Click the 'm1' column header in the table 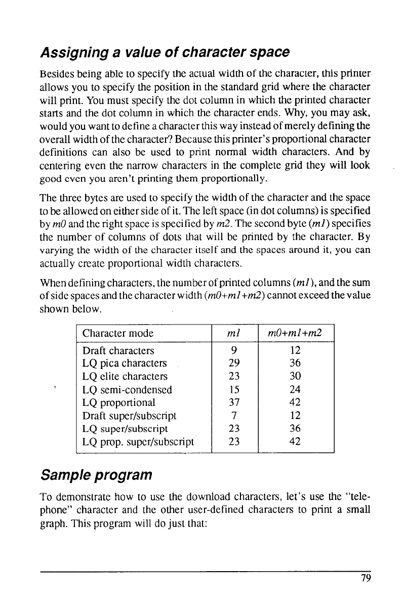point(233,334)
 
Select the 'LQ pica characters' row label point(124,363)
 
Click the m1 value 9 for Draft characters point(233,351)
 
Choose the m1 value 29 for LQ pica point(233,363)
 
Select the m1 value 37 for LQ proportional point(233,403)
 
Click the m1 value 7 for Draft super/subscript point(233,415)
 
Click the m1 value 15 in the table point(233,390)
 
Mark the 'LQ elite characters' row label point(125,377)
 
